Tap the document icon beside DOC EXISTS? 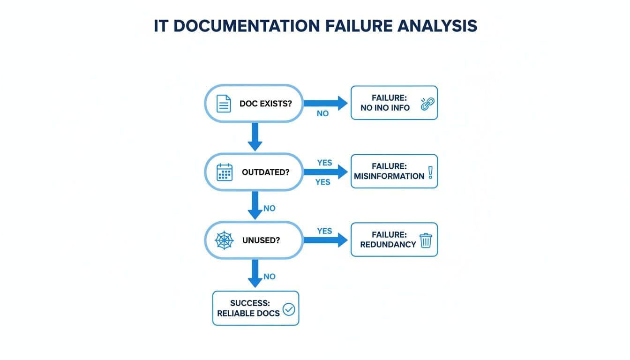224,103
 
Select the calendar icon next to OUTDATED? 225,172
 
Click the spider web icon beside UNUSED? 224,240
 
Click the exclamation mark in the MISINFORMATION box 430,172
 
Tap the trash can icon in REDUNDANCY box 426,240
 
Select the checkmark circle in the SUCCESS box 289,309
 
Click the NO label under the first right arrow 322,114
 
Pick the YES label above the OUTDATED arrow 324,163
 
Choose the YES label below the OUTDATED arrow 322,182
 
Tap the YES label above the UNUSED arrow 324,231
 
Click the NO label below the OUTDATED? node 270,208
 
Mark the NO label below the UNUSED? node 270,277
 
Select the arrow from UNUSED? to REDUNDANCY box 325,240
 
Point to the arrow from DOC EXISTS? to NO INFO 325,103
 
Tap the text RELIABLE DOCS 248,313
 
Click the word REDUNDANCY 388,245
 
